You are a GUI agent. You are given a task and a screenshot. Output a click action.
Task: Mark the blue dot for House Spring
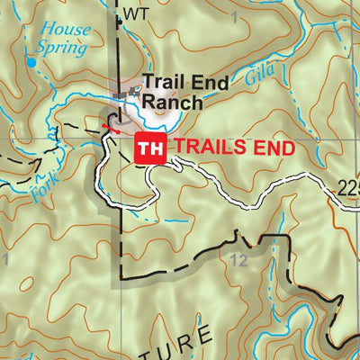click(x=31, y=63)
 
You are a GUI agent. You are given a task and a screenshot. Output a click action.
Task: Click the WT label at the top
click(x=135, y=13)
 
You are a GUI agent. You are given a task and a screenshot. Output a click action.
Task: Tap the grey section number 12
click(x=238, y=260)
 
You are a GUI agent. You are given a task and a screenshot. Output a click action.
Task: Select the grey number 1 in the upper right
click(x=235, y=17)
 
